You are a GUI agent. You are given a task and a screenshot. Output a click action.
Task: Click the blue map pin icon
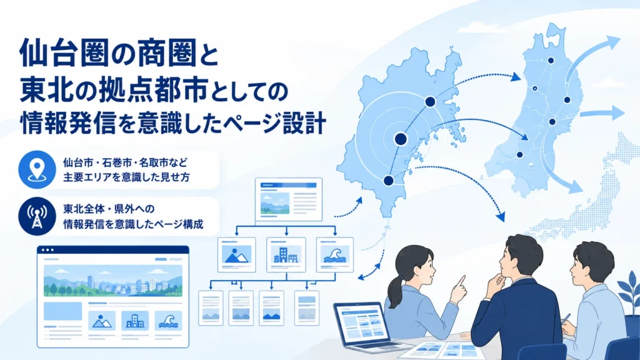37,169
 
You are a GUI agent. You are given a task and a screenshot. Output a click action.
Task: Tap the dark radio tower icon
37,216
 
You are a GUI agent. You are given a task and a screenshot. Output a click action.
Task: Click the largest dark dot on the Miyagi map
401,139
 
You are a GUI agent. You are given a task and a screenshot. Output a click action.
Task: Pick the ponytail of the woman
395,292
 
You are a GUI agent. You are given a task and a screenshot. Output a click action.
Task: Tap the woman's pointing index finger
462,281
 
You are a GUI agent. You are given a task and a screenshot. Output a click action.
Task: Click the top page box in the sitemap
289,199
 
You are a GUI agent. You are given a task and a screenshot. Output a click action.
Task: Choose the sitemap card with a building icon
286,255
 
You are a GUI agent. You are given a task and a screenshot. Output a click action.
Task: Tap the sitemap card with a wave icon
335,255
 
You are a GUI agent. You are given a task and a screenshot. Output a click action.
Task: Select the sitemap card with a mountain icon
237,255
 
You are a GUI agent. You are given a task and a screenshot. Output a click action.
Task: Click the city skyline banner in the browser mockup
113,281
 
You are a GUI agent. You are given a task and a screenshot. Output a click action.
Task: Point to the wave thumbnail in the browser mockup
168,321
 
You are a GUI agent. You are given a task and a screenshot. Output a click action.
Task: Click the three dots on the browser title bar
47,250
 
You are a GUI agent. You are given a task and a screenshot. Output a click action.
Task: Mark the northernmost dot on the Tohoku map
551,61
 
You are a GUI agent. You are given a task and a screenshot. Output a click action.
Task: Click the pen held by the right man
565,319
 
